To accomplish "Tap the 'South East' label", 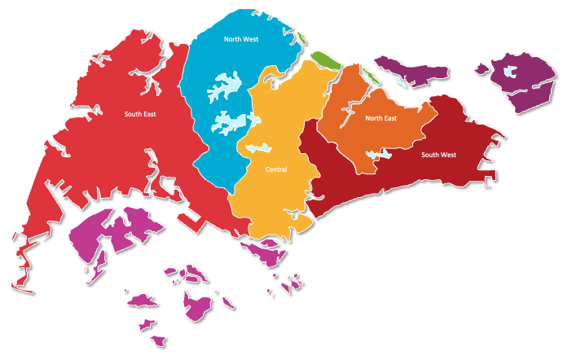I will point(140,115).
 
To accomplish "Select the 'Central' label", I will point(276,170).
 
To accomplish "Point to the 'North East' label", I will point(380,119).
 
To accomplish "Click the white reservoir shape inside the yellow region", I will point(259,148).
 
